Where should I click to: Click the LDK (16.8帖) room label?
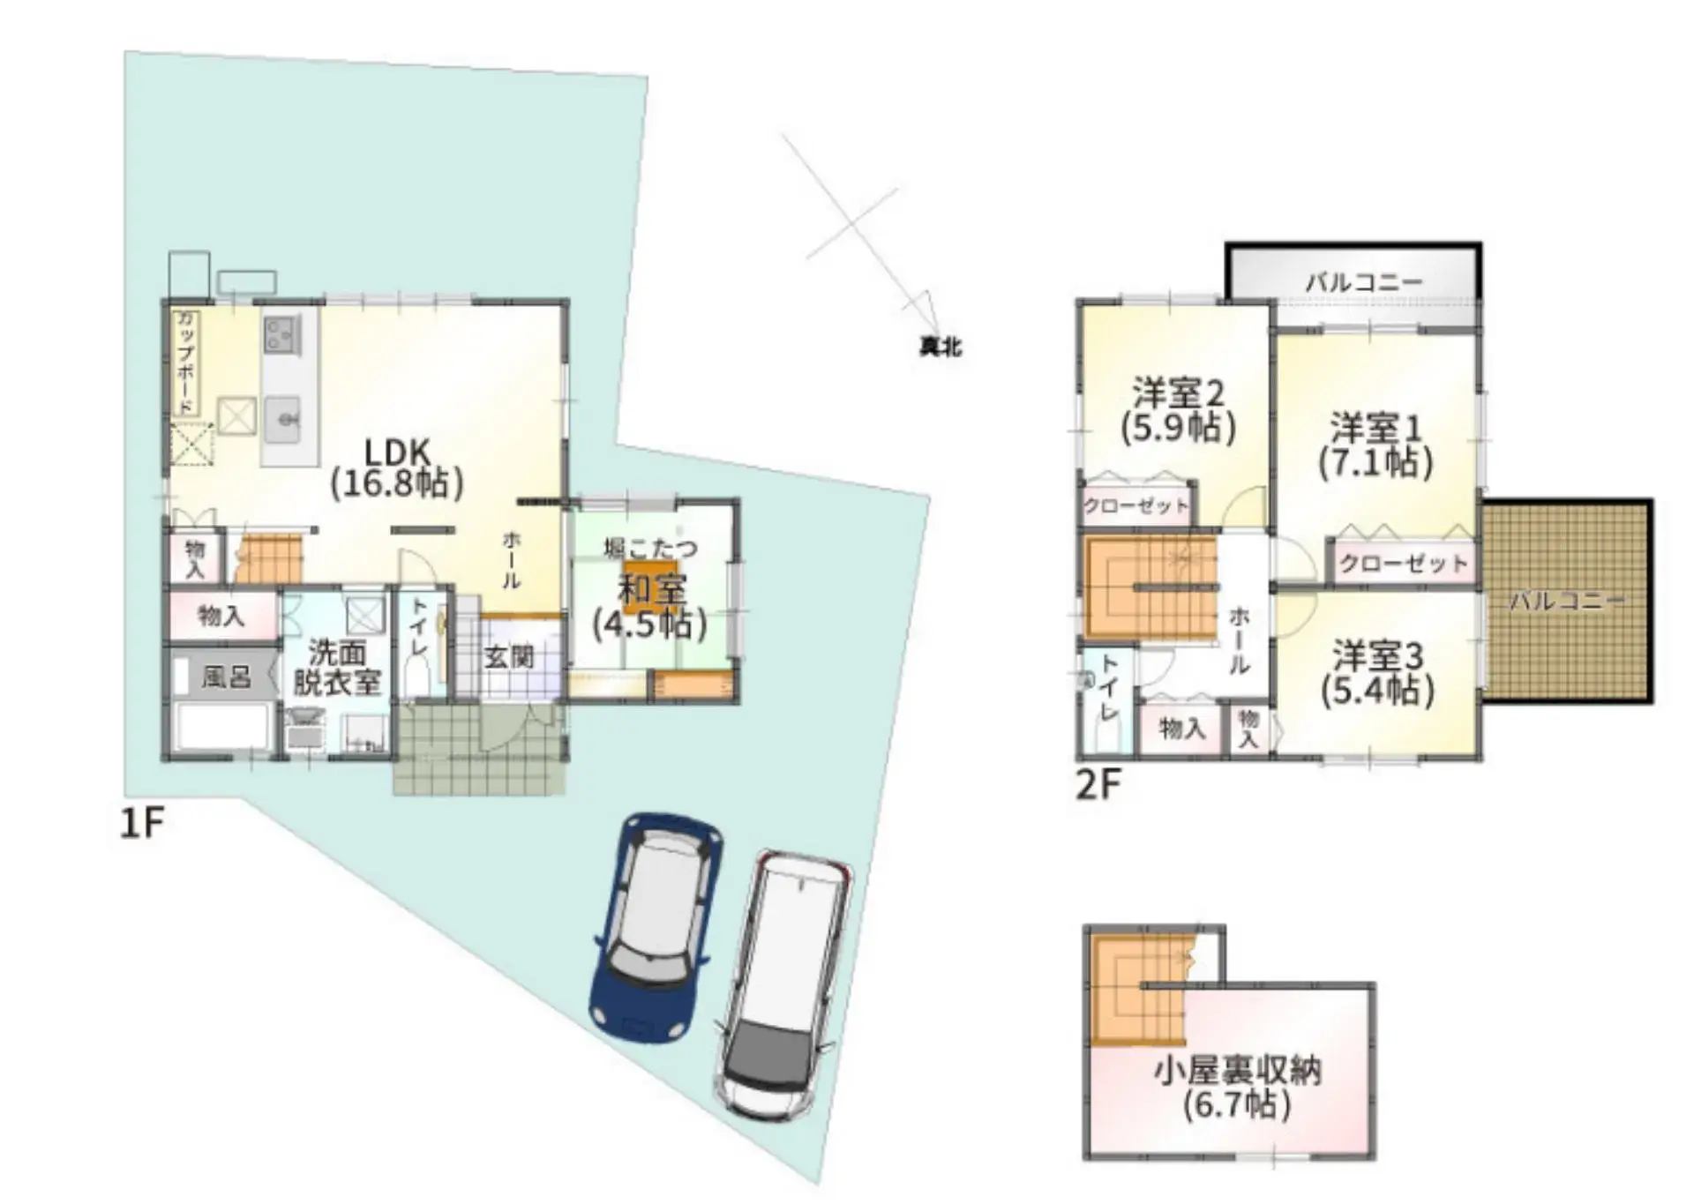click(397, 468)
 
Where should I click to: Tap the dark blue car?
click(656, 926)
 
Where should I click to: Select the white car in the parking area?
click(783, 983)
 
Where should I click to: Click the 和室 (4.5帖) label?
click(650, 607)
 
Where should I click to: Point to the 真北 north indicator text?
click(940, 348)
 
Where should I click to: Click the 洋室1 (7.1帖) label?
click(1375, 445)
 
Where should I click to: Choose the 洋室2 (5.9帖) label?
click(1178, 410)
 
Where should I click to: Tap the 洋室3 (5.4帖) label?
click(1377, 674)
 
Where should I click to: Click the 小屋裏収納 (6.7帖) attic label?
click(1237, 1088)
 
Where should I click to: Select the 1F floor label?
click(142, 823)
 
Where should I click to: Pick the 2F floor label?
click(1098, 784)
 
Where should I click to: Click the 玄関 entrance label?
click(509, 657)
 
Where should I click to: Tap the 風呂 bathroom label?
click(226, 677)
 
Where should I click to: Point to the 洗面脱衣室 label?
click(336, 668)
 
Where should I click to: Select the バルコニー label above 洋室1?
click(1363, 282)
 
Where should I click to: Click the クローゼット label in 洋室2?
click(1136, 506)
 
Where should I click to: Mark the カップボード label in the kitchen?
click(186, 363)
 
